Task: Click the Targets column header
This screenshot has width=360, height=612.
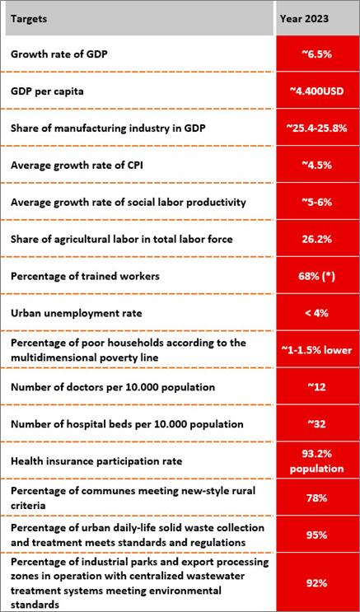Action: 30,19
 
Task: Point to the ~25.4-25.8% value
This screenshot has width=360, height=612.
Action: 316,128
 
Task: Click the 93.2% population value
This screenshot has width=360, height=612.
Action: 316,461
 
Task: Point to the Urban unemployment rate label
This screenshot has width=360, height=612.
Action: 76,314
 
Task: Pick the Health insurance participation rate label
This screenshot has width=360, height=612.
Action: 97,461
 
